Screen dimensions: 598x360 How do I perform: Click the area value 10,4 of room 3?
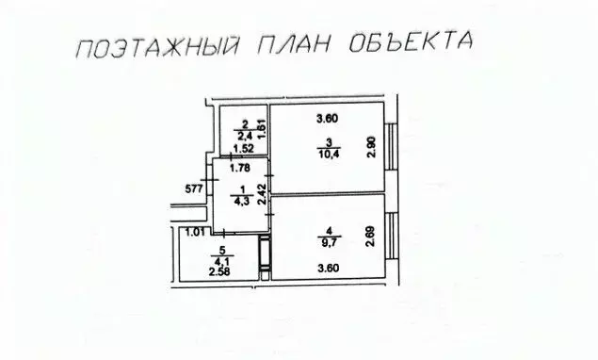pos(327,153)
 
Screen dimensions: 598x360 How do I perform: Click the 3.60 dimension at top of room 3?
pos(327,119)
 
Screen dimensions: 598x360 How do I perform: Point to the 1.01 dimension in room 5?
pos(196,233)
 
